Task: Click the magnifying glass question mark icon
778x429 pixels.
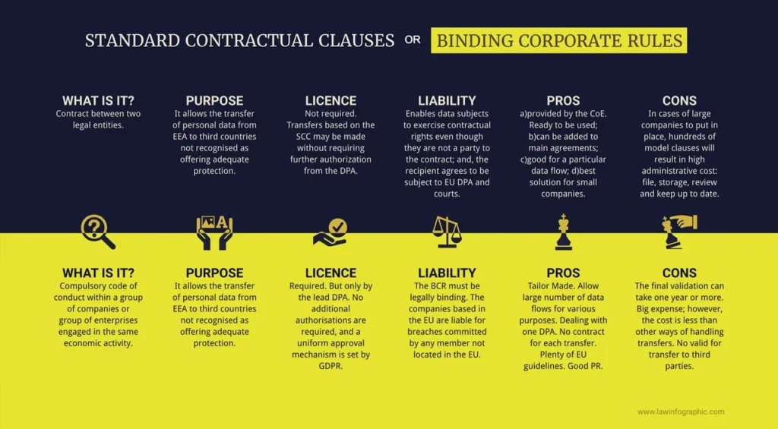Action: pyautogui.click(x=98, y=232)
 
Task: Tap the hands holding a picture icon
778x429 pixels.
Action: pyautogui.click(x=214, y=232)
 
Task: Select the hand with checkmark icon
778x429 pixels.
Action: pyautogui.click(x=330, y=232)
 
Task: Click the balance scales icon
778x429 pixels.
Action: pyautogui.click(x=447, y=232)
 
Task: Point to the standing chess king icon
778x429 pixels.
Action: pyautogui.click(x=563, y=232)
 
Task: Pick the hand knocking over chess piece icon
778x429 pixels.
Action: pyautogui.click(x=679, y=232)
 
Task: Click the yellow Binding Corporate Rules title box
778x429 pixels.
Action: pyautogui.click(x=558, y=40)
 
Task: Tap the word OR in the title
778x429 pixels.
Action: pyautogui.click(x=413, y=40)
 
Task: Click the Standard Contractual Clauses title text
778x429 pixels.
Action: pyautogui.click(x=239, y=41)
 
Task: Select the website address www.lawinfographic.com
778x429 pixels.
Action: pyautogui.click(x=681, y=412)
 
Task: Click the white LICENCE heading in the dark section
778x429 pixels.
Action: pyautogui.click(x=330, y=101)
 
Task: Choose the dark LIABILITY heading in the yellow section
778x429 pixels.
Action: pyautogui.click(x=447, y=273)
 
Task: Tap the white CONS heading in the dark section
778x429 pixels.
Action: pyautogui.click(x=679, y=101)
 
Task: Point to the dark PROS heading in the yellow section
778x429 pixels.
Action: pyautogui.click(x=563, y=273)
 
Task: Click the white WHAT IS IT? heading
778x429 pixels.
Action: pyautogui.click(x=98, y=101)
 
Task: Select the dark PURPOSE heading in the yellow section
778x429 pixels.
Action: pyautogui.click(x=214, y=273)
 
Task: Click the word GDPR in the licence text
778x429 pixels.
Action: pyautogui.click(x=330, y=366)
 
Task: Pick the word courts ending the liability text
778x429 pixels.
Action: pyautogui.click(x=447, y=194)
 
